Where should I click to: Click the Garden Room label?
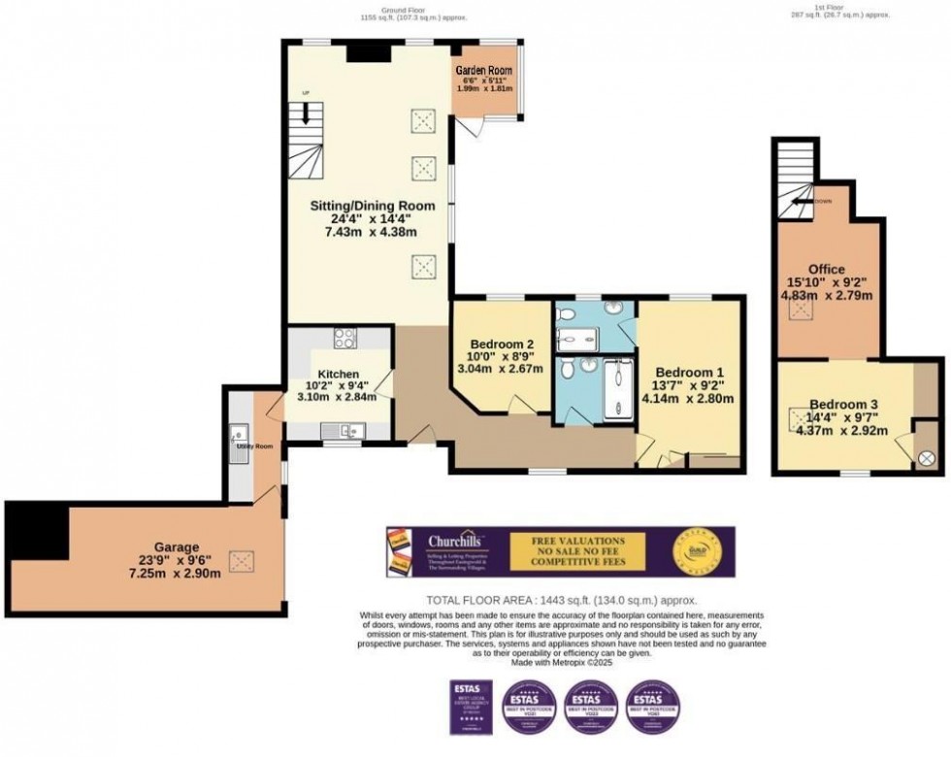pos(483,70)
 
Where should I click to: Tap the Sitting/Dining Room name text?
pos(369,207)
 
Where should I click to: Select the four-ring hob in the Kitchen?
pos(344,339)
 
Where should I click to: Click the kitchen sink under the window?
pos(348,430)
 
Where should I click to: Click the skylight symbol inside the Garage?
pos(240,560)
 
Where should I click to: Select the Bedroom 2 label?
pos(502,345)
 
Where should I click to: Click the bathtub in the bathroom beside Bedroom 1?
pos(617,389)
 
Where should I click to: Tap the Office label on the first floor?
pos(826,269)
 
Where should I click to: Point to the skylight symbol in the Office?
pos(801,310)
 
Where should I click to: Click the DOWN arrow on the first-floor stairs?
pos(803,201)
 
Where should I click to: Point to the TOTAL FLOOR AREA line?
pos(562,601)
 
